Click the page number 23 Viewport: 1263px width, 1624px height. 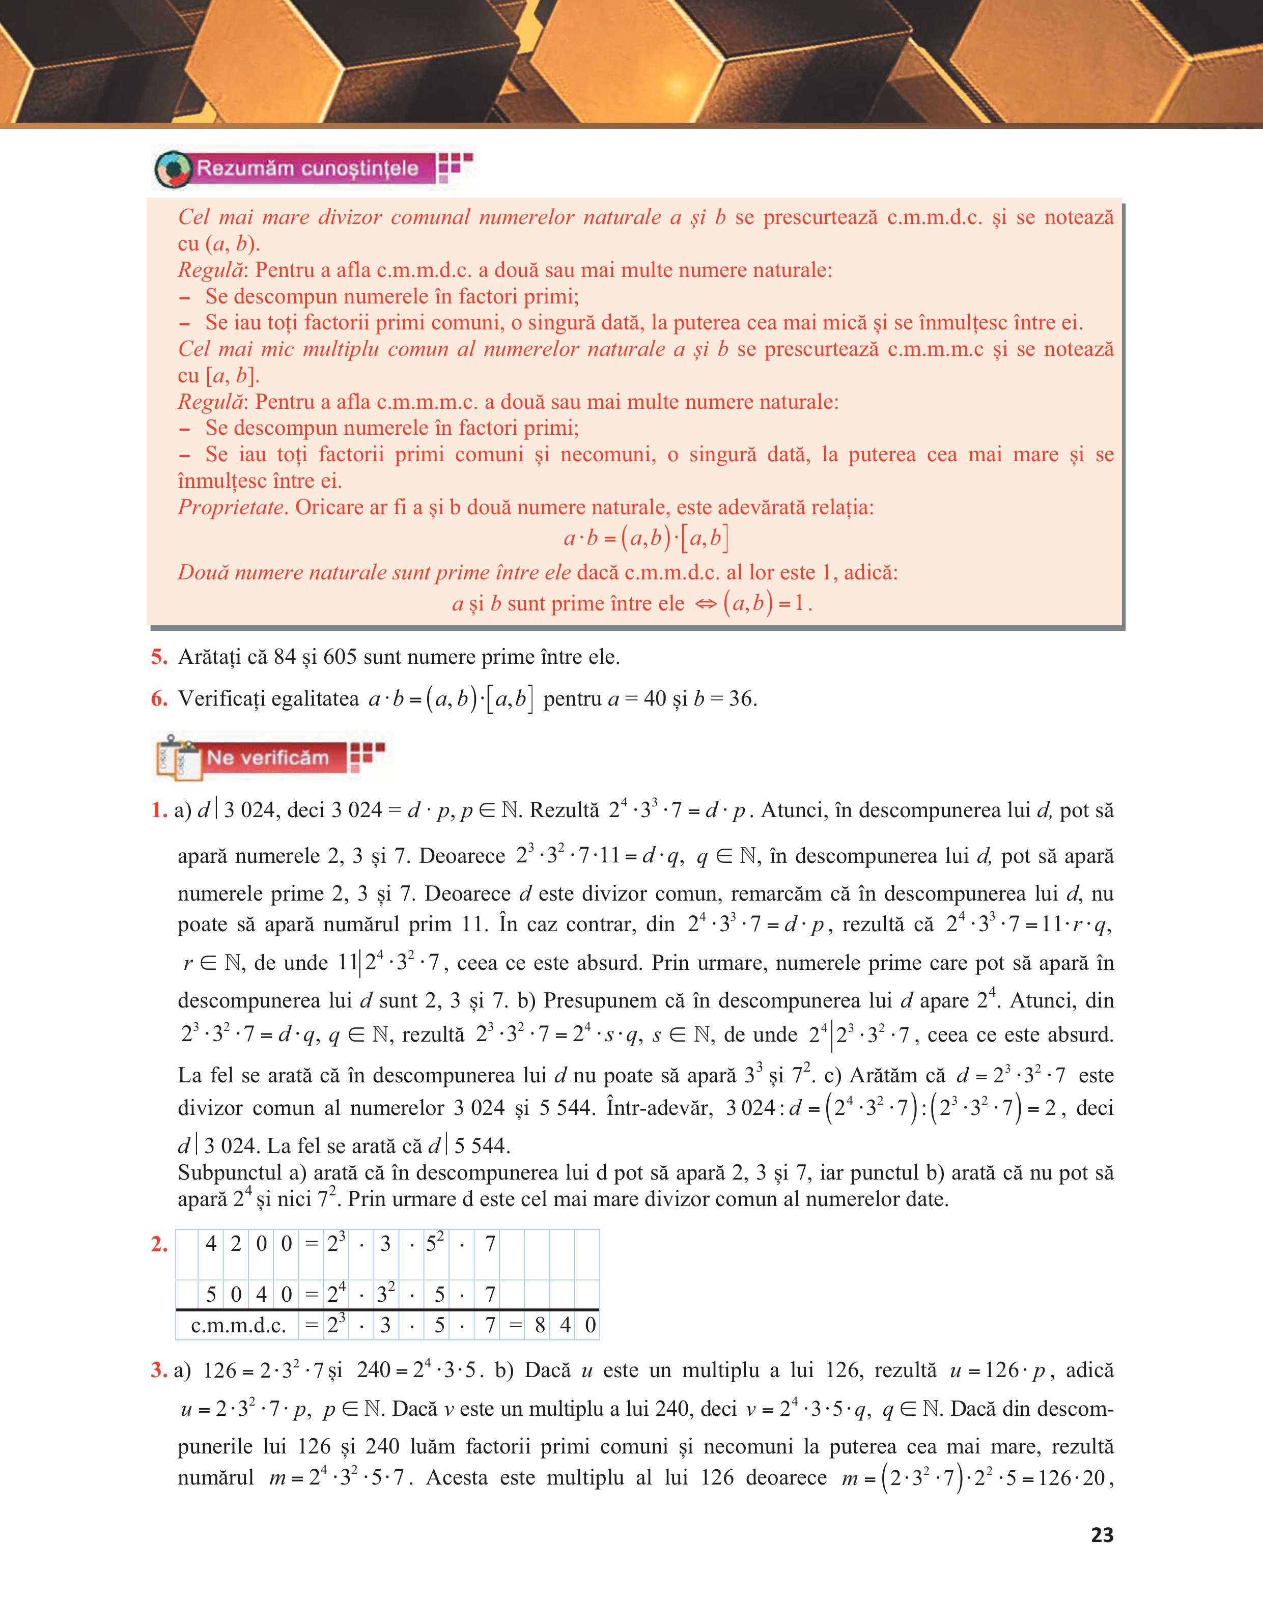click(1102, 1535)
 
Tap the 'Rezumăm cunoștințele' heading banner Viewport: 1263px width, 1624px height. click(306, 168)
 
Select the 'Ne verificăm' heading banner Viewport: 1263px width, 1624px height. click(268, 758)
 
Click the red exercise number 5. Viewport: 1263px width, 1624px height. click(159, 657)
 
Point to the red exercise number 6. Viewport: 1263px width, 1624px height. click(159, 699)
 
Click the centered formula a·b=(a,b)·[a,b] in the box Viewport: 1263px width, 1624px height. click(645, 538)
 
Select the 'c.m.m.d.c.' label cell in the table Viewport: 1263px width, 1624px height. click(238, 1326)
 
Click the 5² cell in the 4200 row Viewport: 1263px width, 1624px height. click(436, 1243)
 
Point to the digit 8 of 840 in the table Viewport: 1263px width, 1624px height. click(540, 1326)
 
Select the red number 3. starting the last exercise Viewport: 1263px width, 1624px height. click(158, 1370)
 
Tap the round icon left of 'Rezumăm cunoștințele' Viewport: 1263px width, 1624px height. click(173, 170)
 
